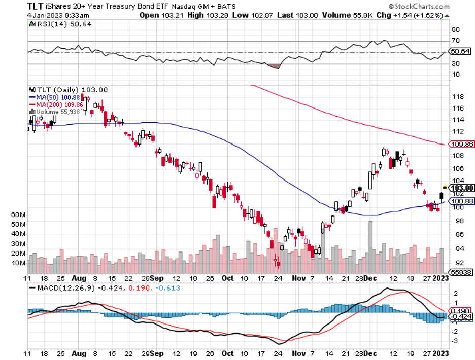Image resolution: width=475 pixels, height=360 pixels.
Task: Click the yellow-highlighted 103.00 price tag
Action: pos(461,188)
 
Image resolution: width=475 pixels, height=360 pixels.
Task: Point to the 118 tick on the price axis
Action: pos(456,96)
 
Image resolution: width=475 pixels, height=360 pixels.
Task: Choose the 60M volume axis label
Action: pos(18,215)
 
